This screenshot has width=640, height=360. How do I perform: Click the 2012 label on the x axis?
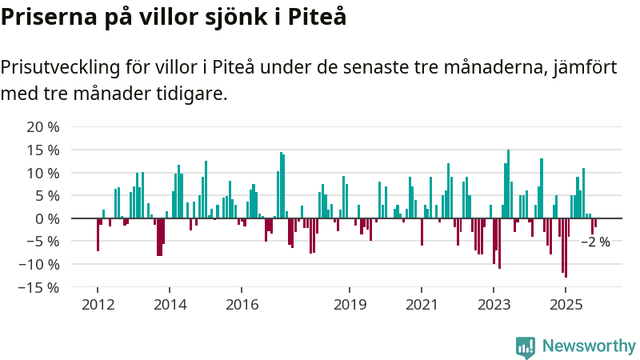click(x=98, y=305)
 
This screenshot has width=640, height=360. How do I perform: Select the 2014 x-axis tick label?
click(x=170, y=305)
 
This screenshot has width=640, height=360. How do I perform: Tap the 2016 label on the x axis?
click(x=242, y=305)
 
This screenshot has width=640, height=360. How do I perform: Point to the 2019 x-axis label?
click(x=350, y=305)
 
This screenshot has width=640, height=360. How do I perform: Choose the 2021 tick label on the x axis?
click(x=422, y=305)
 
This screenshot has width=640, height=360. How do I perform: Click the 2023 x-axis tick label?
click(x=494, y=305)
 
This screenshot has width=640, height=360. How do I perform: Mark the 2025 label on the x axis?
click(x=566, y=305)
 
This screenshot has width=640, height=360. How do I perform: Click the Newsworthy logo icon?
click(x=526, y=346)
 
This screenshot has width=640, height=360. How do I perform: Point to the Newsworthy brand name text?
click(x=589, y=346)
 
